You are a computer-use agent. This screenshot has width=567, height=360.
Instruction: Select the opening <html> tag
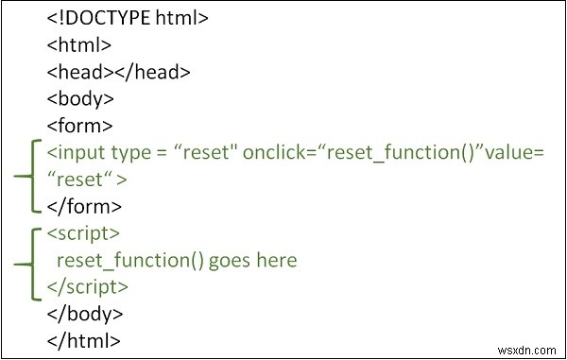click(x=79, y=43)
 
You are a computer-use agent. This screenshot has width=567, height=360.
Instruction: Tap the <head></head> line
click(x=118, y=70)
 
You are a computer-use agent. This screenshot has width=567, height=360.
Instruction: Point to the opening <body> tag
click(x=80, y=97)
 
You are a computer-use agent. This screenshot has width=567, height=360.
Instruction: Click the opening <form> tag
click(x=79, y=124)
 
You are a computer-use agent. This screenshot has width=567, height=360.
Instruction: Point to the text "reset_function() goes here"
click(x=177, y=259)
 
